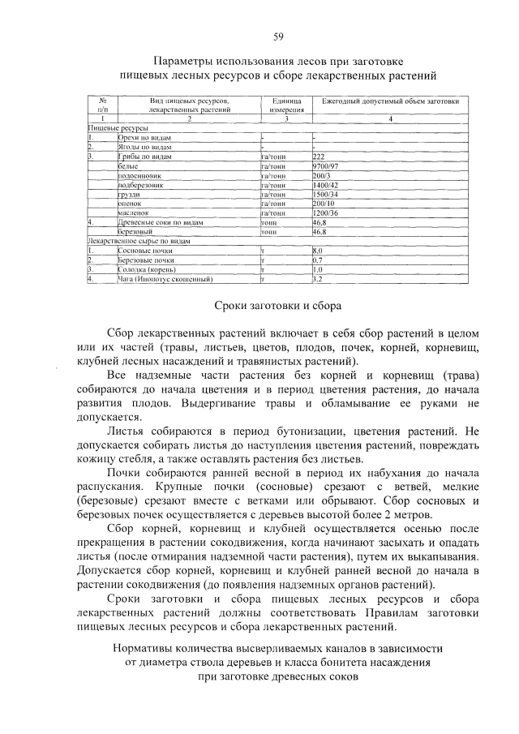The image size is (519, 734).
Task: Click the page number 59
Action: click(x=277, y=36)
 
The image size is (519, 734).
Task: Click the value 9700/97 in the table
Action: click(x=324, y=165)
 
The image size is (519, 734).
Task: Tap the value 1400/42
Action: click(x=325, y=185)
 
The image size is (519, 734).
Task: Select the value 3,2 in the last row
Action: click(x=318, y=279)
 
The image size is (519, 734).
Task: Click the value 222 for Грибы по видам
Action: click(x=318, y=156)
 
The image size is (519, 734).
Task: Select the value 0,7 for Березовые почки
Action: click(x=318, y=260)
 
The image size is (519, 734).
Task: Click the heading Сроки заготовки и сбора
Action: click(x=277, y=306)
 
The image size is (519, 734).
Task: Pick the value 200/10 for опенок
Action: click(x=324, y=204)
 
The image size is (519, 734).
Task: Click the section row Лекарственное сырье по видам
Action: click(x=139, y=241)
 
